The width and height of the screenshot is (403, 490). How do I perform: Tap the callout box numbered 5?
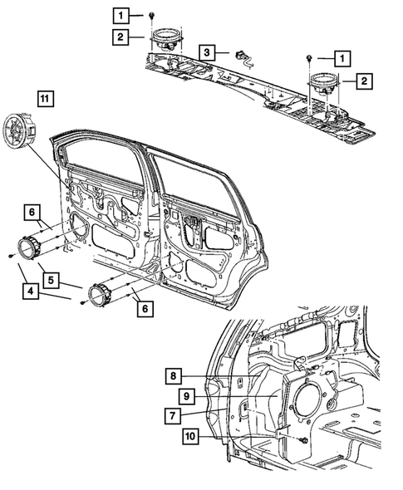52,280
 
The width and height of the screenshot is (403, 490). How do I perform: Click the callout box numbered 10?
191,435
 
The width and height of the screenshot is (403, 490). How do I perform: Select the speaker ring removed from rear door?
101,296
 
